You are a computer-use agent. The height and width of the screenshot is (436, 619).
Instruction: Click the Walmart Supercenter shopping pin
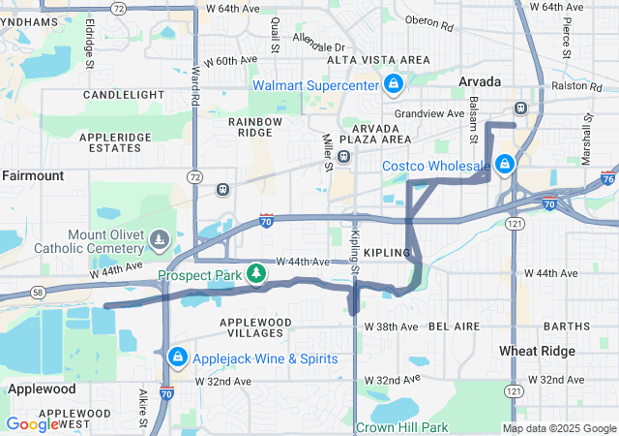[x=393, y=85]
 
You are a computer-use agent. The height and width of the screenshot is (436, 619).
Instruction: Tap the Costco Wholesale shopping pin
[x=503, y=166]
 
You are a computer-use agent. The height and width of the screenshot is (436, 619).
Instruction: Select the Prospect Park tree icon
[x=256, y=274]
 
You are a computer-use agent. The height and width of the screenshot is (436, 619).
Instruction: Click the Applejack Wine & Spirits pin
[x=177, y=358]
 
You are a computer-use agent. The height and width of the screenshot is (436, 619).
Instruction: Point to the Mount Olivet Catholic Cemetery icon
[x=161, y=237]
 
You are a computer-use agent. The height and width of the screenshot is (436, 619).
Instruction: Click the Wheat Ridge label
[x=538, y=350]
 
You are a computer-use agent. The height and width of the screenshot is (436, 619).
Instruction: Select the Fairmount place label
[x=33, y=175]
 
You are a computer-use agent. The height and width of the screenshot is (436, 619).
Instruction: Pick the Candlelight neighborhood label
[x=124, y=95]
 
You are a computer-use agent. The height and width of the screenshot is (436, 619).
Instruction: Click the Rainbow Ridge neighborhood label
[x=255, y=128]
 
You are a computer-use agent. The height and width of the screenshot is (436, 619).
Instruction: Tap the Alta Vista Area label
[x=378, y=60]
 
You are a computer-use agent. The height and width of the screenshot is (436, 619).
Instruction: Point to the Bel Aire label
[x=454, y=327]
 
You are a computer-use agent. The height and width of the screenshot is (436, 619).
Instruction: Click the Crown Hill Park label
[x=401, y=427]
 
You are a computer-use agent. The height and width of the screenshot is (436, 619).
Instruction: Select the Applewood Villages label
[x=255, y=327]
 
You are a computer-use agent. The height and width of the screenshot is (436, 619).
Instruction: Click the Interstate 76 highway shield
[x=606, y=178]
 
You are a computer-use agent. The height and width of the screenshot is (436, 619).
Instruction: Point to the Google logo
[x=32, y=423]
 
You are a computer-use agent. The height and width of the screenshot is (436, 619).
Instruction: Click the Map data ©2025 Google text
[x=559, y=428]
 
